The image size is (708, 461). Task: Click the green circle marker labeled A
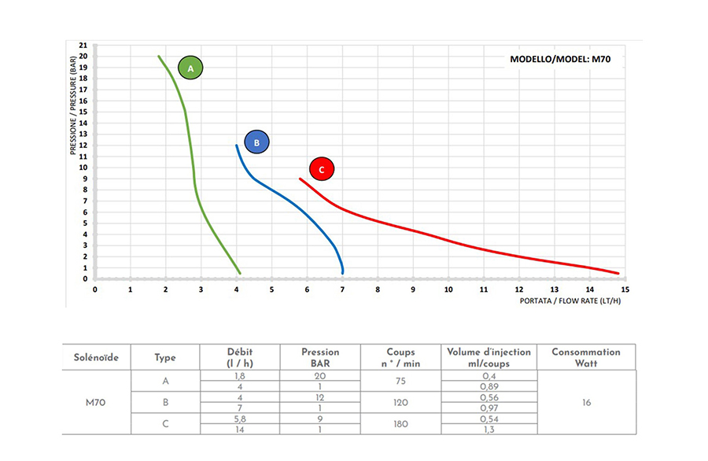pyautogui.click(x=190, y=68)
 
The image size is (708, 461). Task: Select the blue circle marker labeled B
pyautogui.click(x=256, y=142)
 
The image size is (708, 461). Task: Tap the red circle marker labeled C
pyautogui.click(x=322, y=168)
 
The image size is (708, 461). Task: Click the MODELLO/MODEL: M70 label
pyautogui.click(x=560, y=60)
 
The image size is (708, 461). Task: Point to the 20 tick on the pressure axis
pyautogui.click(x=84, y=56)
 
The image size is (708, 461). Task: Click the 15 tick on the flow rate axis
pyautogui.click(x=625, y=290)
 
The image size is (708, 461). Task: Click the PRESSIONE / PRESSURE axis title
pyautogui.click(x=73, y=107)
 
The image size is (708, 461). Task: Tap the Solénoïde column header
pyautogui.click(x=96, y=357)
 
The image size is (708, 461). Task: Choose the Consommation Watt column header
pyautogui.click(x=586, y=357)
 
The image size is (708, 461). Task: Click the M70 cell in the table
pyautogui.click(x=96, y=402)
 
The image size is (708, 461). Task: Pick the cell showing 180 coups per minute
pyautogui.click(x=400, y=423)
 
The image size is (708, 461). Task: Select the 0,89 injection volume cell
pyautogui.click(x=488, y=386)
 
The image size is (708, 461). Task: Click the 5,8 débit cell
pyautogui.click(x=239, y=419)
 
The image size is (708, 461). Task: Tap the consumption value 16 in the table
pyautogui.click(x=586, y=402)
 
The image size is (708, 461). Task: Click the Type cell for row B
pyautogui.click(x=165, y=402)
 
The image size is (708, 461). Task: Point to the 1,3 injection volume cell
pyautogui.click(x=488, y=429)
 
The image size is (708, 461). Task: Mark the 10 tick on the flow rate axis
pyautogui.click(x=448, y=290)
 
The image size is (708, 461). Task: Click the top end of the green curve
pyautogui.click(x=159, y=56)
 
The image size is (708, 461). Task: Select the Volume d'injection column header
pyautogui.click(x=488, y=357)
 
